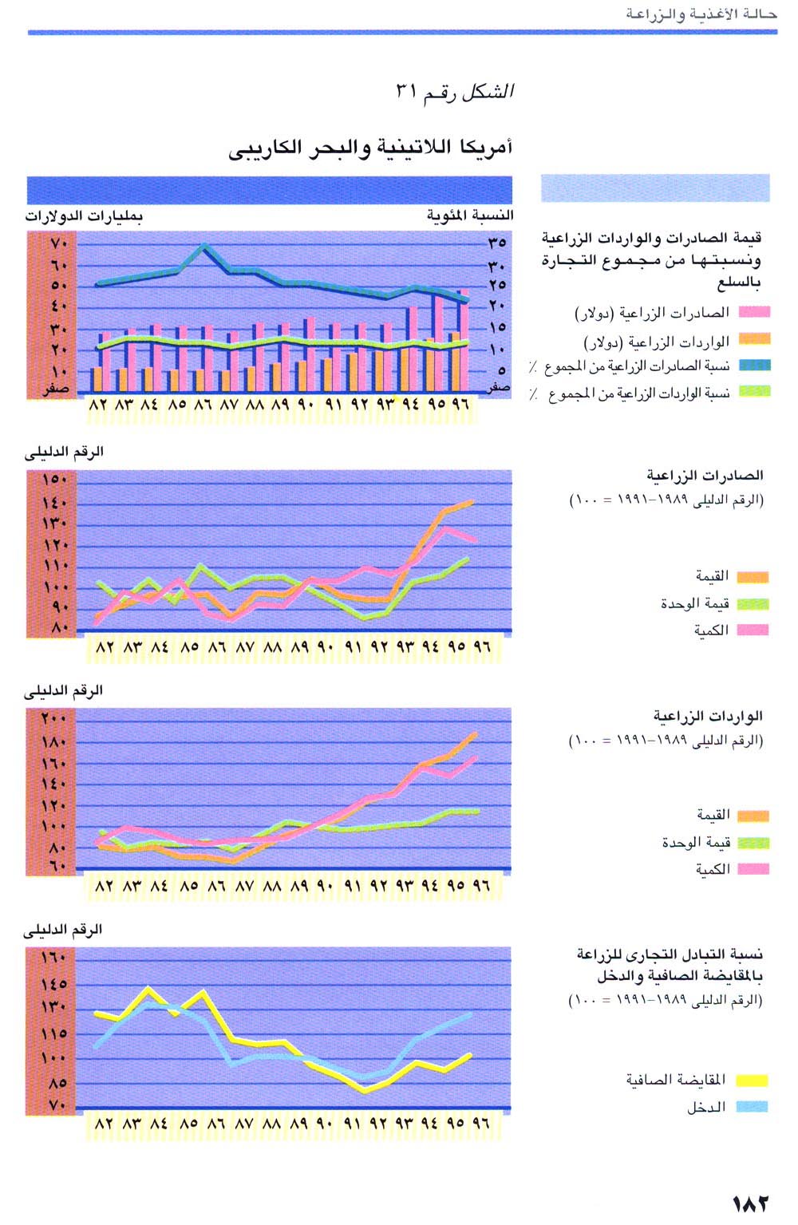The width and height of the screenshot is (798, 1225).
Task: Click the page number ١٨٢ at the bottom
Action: point(750,1203)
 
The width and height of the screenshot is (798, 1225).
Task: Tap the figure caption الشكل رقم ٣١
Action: point(455,92)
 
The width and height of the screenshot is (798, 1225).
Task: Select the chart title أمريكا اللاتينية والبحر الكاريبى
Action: point(370,148)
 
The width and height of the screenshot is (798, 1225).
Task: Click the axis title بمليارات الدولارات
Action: point(84,215)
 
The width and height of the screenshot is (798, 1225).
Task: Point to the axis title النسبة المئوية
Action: point(469,215)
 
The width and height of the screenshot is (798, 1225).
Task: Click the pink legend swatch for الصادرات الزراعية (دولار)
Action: point(754,312)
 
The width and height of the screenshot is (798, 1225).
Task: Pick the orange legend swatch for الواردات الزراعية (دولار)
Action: point(754,340)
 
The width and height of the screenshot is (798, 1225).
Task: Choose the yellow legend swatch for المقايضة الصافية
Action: point(752,1081)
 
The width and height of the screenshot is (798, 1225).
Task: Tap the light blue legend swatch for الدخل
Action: point(752,1107)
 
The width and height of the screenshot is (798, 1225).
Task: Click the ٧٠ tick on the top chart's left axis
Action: point(61,243)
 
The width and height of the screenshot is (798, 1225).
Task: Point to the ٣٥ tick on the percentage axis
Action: point(497,242)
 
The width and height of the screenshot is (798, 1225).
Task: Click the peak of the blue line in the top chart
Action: point(203,246)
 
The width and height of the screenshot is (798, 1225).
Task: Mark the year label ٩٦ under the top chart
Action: point(460,405)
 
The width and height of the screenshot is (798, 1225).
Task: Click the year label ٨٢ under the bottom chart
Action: point(105,1123)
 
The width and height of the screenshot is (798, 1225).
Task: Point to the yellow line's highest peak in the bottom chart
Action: point(148,989)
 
